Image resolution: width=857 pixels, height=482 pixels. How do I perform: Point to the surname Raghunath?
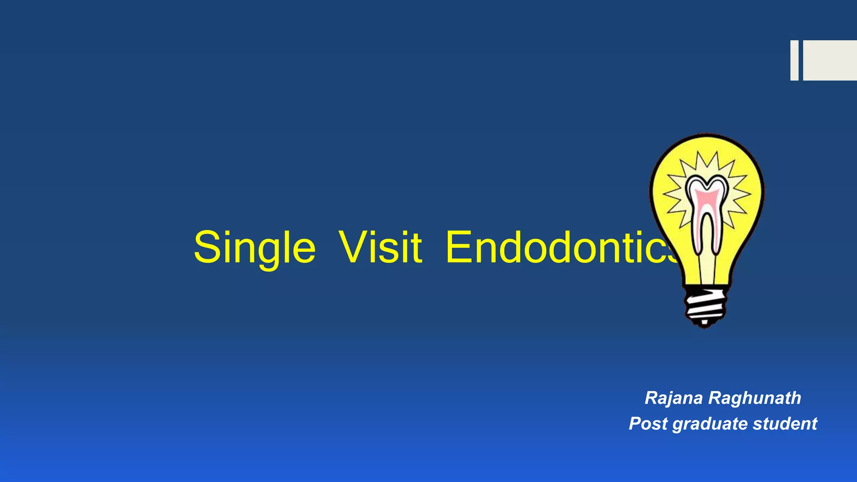[754, 398]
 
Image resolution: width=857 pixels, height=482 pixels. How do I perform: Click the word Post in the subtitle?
[648, 424]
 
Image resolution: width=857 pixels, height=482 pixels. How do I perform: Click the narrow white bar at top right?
[794, 60]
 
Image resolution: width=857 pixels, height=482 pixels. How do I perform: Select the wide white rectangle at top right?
[830, 60]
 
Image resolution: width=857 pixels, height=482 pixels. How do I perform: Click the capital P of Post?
[636, 423]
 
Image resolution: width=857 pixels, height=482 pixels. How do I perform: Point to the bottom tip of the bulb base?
[705, 324]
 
